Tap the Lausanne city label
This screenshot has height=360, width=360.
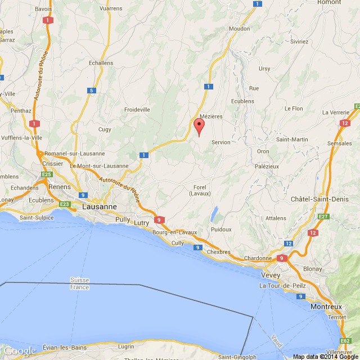(100, 206)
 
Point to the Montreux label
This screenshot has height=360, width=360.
(326, 307)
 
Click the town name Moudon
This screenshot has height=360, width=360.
(240, 28)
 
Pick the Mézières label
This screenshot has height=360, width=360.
(211, 116)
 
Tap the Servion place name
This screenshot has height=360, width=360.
(220, 142)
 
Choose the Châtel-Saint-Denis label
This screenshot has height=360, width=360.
(325, 200)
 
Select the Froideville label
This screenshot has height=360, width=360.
(137, 109)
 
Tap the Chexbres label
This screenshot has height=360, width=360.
(219, 252)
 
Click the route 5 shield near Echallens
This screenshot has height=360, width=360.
(91, 90)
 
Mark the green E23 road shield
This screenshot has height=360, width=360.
(64, 204)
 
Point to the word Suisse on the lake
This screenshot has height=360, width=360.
(80, 280)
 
